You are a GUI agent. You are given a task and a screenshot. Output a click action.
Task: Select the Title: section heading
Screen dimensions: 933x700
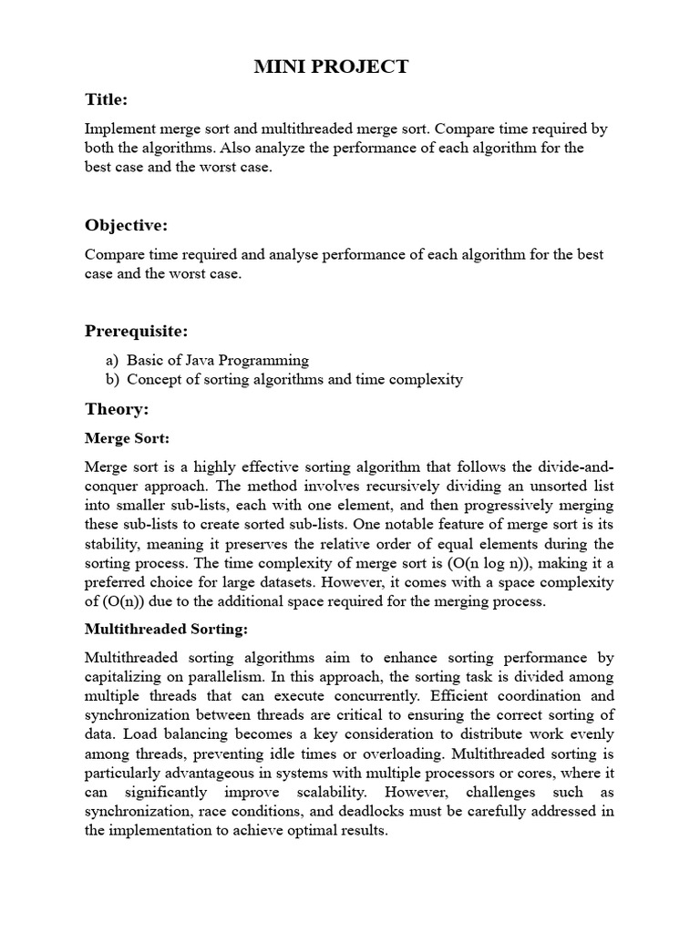(107, 98)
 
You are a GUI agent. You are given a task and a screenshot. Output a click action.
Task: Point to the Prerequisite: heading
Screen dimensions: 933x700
(137, 330)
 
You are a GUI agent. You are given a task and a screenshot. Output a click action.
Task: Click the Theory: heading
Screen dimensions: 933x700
(117, 409)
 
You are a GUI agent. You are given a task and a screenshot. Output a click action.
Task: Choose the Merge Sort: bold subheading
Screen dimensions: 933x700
(127, 438)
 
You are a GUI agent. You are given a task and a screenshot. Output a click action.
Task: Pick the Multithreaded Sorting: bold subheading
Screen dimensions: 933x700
(166, 629)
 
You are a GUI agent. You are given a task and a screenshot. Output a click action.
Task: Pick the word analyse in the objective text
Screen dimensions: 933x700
(263, 254)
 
